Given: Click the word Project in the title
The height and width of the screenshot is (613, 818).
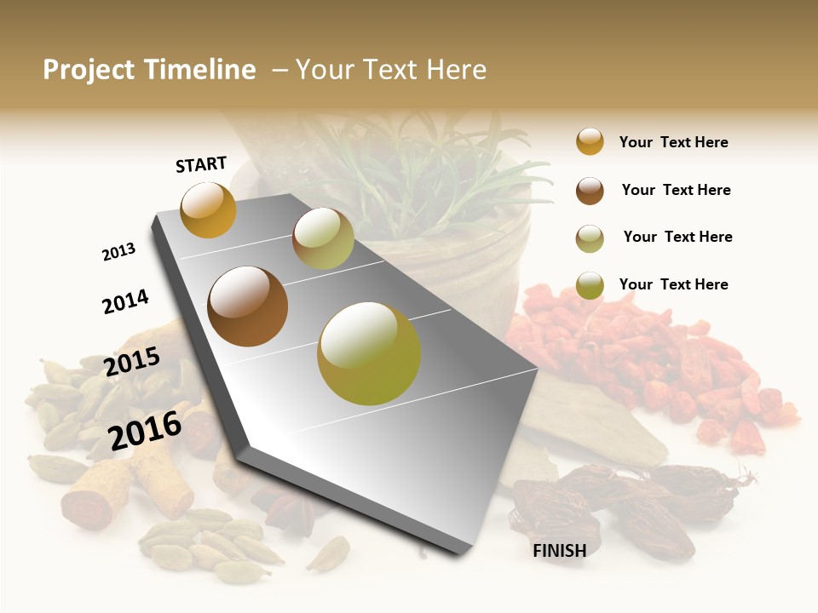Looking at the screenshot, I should point(89,70).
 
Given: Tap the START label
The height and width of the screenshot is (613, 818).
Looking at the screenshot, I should point(201,164).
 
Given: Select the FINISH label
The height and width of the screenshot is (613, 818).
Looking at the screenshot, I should point(559,551).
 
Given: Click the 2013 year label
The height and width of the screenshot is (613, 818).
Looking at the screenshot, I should point(118,252).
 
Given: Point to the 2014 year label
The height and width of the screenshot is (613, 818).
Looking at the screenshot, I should point(125,301).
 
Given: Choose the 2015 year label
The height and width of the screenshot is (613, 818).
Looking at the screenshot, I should point(132,362).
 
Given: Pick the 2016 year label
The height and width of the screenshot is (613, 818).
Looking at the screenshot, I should point(145,430).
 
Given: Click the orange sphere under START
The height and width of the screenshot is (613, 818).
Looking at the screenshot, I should point(208,209).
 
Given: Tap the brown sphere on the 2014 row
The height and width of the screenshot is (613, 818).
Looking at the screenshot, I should point(247,306).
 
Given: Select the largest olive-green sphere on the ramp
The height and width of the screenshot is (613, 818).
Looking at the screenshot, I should point(369,352).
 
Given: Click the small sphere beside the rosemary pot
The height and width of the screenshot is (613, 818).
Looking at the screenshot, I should point(323,238).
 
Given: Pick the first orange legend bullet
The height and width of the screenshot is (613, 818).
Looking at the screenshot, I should point(590,141).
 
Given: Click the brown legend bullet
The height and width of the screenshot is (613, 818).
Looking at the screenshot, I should point(590,191).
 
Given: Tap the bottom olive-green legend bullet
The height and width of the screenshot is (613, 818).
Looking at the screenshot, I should point(590,285).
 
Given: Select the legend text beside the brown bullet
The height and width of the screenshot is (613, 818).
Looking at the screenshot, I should point(676,190).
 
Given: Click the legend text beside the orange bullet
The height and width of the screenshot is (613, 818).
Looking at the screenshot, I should point(673,142).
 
